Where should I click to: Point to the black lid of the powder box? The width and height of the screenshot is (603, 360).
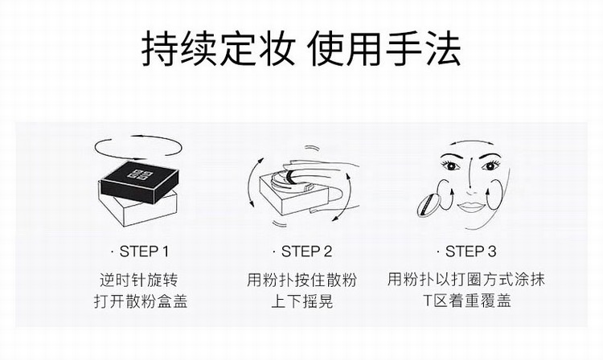140,182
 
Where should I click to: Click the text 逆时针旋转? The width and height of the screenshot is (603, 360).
139,280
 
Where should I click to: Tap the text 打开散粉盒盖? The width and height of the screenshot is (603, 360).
140,301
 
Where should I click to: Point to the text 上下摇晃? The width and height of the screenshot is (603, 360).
301,301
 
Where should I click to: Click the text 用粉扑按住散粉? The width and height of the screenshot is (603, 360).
301,280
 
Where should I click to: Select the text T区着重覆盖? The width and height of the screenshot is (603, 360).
467,301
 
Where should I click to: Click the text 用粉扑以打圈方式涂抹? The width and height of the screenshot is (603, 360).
466,280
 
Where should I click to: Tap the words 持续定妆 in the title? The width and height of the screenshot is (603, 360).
219,50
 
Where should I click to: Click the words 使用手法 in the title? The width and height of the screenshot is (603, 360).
384,50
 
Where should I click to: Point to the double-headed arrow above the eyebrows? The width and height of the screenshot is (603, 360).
470,142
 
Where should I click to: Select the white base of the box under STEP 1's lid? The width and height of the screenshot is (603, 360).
137,211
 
